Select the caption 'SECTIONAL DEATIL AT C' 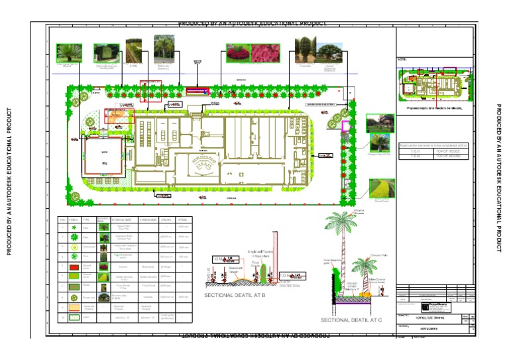[x=351, y=320]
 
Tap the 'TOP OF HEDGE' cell [x=451, y=151]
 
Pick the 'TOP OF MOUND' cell [x=451, y=156]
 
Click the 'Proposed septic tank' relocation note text [x=435, y=105]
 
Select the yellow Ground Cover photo [x=382, y=189]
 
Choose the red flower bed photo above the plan [x=237, y=54]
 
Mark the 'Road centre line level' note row [x=435, y=145]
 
